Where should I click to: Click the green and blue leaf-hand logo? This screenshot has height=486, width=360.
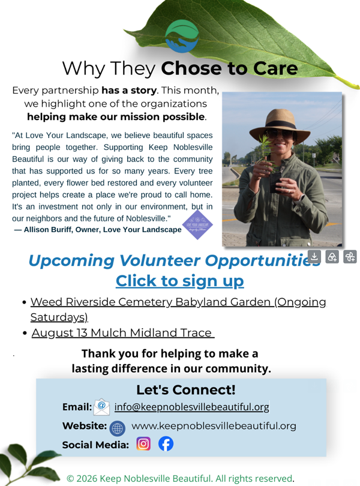182,36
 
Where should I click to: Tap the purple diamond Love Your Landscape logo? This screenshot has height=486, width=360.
197,225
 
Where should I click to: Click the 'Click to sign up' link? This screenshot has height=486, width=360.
180,281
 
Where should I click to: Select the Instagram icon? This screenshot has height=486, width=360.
143,444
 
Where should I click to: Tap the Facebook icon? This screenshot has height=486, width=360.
166,444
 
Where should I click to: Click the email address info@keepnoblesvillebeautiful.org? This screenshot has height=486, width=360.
191,407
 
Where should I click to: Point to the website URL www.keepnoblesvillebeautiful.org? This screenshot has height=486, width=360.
214,426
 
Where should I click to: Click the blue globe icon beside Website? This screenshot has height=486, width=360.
117,428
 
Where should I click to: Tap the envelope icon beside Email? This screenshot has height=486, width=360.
102,407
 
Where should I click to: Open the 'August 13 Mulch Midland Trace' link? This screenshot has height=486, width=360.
123,333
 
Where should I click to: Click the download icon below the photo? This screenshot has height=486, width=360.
314,257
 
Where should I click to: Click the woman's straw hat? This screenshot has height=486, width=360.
280,125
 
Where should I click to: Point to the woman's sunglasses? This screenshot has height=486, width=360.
280,134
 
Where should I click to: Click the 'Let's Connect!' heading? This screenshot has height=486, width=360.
186,389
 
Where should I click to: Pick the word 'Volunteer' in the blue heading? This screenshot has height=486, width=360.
160,260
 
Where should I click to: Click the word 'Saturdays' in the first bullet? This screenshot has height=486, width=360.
59,317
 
